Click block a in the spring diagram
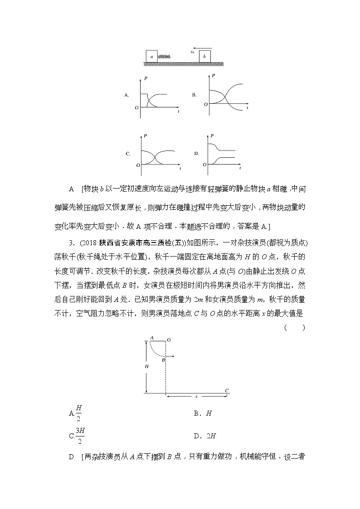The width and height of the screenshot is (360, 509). [151, 56]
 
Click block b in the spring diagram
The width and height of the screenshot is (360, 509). [205, 56]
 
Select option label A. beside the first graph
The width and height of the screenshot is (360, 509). [127, 96]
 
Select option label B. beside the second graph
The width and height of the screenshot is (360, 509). [194, 96]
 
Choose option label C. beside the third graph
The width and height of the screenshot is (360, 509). [128, 154]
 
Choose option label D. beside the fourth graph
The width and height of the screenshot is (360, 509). [197, 154]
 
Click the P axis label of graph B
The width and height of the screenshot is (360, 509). [213, 75]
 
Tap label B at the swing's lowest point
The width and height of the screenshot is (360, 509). [163, 360]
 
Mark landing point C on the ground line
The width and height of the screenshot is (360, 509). [226, 390]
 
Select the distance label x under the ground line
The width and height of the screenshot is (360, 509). [196, 397]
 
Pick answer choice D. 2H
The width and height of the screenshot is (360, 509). [204, 436]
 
